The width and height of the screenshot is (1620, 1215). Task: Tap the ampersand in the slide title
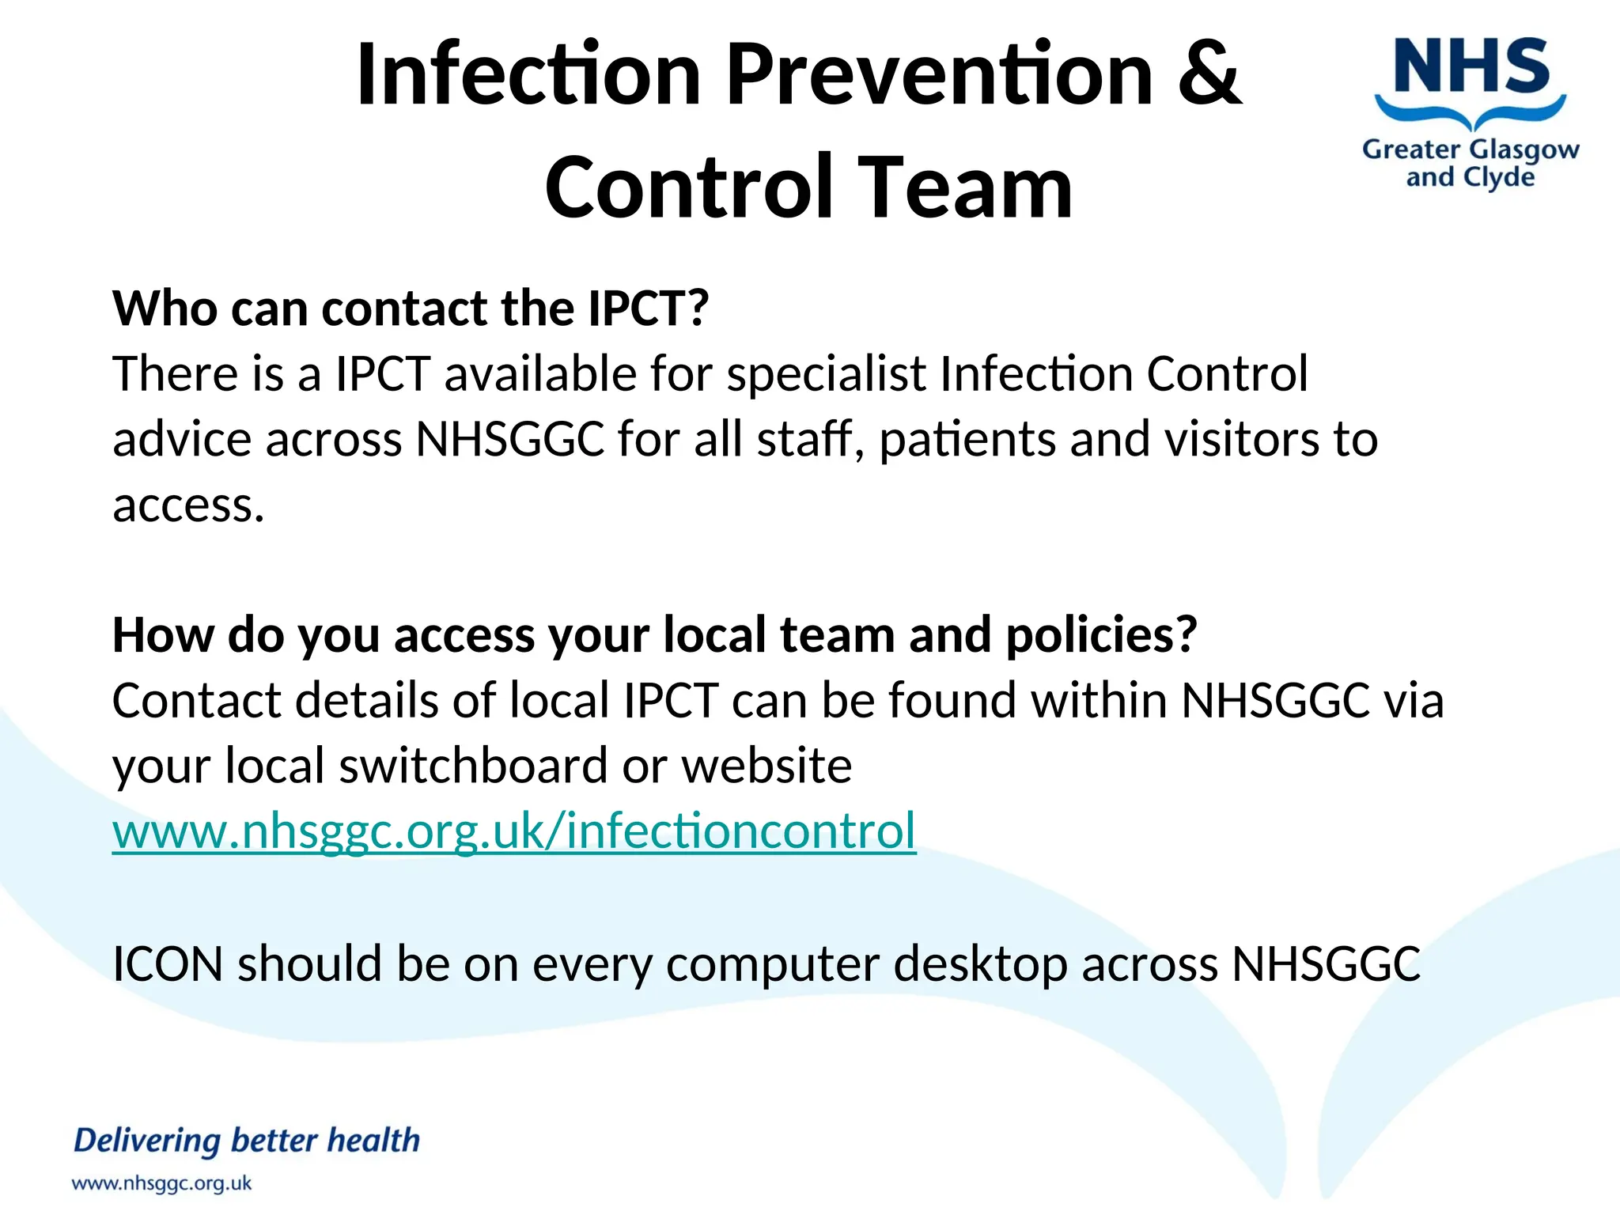coord(1209,74)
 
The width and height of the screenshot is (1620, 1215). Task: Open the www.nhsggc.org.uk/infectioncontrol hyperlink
coord(514,831)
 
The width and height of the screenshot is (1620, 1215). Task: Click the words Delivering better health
coord(247,1141)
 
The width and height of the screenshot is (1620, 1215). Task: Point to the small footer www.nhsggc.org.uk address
coord(161,1184)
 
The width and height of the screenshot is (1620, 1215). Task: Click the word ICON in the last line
coord(168,964)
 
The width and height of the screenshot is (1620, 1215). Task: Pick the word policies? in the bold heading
coord(1101,635)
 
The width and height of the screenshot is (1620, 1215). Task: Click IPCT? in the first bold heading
coord(648,308)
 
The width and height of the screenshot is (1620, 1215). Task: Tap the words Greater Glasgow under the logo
coord(1470,150)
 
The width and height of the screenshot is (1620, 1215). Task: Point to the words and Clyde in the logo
coord(1470,177)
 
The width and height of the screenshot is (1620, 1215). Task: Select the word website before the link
coord(766,766)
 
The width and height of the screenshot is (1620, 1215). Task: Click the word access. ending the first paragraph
coord(188,505)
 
